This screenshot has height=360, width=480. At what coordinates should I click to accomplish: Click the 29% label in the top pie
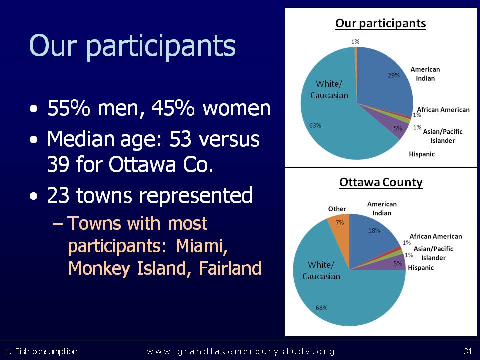click(394, 75)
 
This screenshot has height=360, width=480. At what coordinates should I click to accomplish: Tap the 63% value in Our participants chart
click(315, 125)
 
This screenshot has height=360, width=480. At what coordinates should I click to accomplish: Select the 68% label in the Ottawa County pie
click(321, 307)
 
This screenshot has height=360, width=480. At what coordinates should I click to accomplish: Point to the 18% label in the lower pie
click(374, 230)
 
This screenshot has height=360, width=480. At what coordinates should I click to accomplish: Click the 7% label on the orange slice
click(340, 222)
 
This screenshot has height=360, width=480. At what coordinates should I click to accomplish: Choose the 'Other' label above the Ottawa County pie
click(337, 209)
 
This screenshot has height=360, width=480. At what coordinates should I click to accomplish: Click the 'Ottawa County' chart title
click(381, 182)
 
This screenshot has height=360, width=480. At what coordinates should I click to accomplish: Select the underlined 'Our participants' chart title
click(381, 23)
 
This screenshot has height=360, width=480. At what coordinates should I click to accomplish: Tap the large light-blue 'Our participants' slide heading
click(132, 46)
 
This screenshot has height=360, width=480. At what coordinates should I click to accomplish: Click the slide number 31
click(468, 351)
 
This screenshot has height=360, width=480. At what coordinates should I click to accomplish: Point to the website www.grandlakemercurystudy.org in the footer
click(241, 351)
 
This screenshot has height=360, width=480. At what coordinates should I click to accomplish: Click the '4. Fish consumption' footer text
click(41, 351)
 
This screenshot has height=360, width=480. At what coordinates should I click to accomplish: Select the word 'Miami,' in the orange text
click(202, 246)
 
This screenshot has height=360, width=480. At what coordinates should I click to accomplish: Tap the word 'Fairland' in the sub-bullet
click(230, 268)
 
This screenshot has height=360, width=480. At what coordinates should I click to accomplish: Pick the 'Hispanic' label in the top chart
click(422, 154)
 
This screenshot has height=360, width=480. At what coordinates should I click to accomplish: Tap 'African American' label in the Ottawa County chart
click(436, 236)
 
